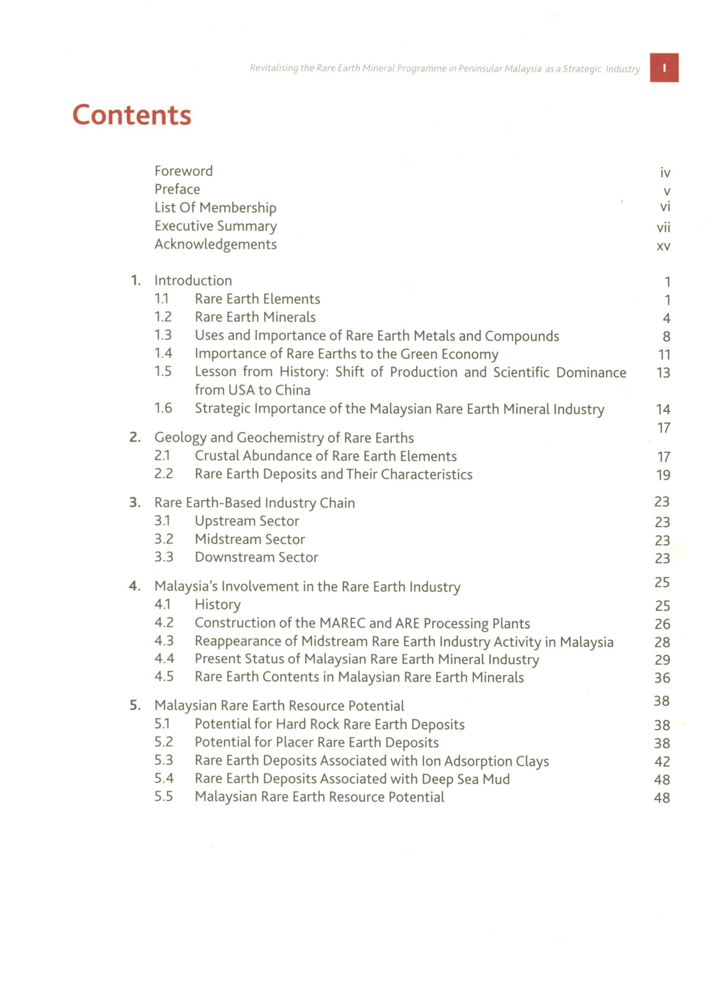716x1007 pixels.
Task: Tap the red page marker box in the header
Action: click(663, 68)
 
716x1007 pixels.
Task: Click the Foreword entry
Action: click(183, 171)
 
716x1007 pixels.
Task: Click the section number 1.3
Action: click(163, 335)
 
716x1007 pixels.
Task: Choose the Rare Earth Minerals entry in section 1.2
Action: click(255, 317)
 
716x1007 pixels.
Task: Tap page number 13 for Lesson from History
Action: click(663, 373)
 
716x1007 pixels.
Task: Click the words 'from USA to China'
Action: click(253, 391)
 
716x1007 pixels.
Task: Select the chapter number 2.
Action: click(135, 438)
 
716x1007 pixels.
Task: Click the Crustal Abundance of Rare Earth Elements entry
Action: click(325, 456)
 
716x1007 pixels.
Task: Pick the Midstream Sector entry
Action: click(250, 539)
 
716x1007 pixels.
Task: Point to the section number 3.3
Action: click(164, 557)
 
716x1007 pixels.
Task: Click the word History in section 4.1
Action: click(218, 605)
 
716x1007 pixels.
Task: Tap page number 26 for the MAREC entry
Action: click(662, 624)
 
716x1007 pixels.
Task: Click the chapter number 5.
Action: click(135, 705)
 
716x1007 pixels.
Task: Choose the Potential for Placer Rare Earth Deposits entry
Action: click(316, 742)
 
